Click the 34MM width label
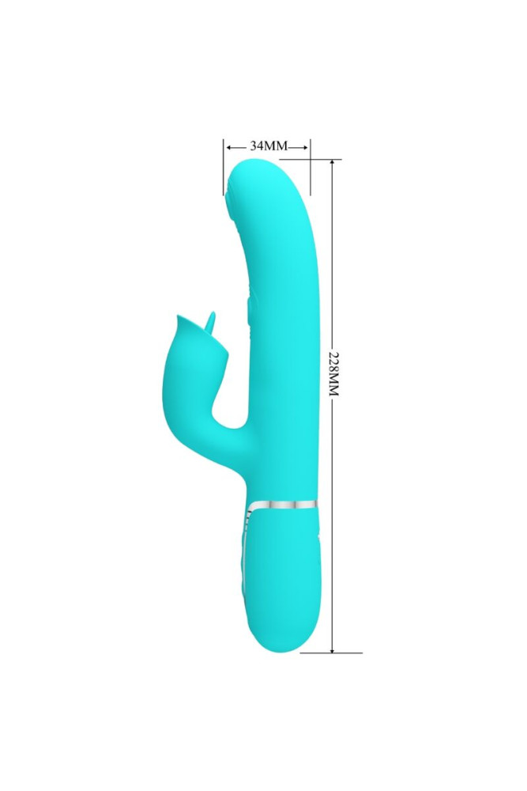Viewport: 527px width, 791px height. [x=267, y=146]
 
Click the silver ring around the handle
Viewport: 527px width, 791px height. [x=284, y=504]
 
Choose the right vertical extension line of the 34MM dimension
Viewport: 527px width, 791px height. [x=310, y=166]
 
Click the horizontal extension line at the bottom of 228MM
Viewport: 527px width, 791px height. [x=332, y=653]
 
